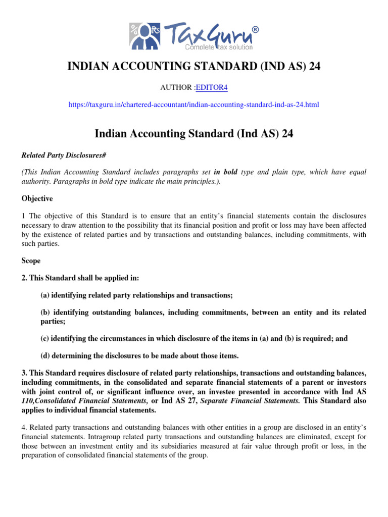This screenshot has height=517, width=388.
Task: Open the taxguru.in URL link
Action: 194,105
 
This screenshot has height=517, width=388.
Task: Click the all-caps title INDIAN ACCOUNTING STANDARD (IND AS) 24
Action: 194,67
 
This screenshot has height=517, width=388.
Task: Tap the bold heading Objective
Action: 37,199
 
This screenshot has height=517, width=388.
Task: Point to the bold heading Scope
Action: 31,261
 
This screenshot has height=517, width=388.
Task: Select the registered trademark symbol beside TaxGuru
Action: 255,30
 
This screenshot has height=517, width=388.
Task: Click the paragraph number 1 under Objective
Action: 23,216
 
